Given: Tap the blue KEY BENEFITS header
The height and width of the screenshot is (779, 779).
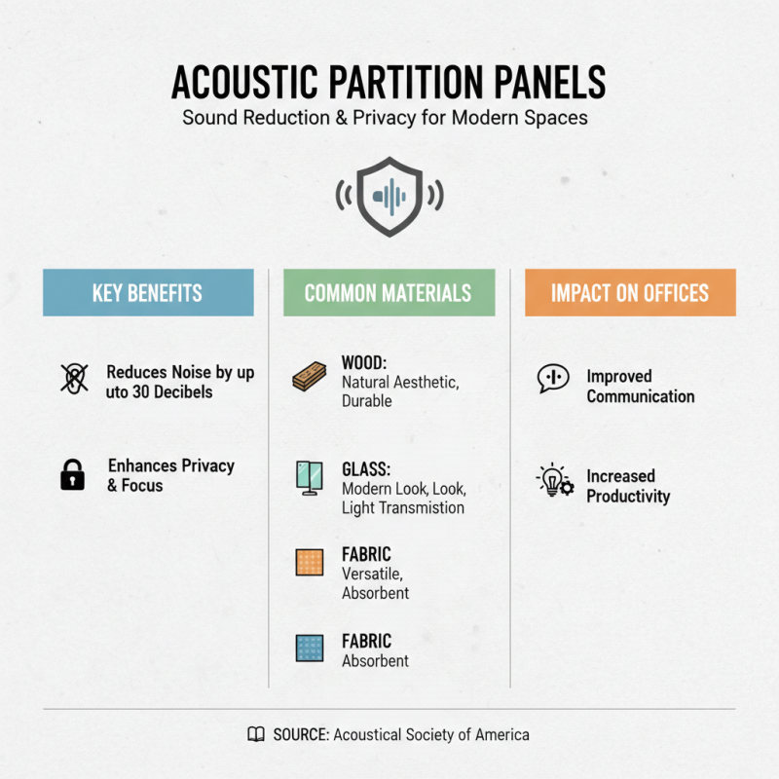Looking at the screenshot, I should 148,293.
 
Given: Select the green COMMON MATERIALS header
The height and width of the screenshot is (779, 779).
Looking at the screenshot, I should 389,293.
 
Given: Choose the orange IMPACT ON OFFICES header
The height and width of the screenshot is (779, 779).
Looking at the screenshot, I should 630,293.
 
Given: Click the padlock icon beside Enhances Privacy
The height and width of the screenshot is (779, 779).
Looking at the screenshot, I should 72,475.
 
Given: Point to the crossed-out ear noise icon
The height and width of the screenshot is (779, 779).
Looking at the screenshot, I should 73,379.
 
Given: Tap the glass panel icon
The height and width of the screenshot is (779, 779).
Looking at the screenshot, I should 309,476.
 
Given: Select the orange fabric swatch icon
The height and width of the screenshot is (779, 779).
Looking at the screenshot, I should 309,563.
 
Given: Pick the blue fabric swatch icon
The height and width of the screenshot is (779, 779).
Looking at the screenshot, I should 309,649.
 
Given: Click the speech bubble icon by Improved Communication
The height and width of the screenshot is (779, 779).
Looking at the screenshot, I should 553,378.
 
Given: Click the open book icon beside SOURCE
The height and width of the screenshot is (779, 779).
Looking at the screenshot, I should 256,735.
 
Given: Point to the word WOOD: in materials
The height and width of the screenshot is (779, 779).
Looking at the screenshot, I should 364,363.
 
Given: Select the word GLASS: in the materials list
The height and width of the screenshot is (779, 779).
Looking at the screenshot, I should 366,468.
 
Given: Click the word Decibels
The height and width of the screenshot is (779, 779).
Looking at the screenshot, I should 183,391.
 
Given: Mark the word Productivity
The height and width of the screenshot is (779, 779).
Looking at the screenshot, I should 628,497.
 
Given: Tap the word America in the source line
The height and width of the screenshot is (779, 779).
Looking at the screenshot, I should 498,735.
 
